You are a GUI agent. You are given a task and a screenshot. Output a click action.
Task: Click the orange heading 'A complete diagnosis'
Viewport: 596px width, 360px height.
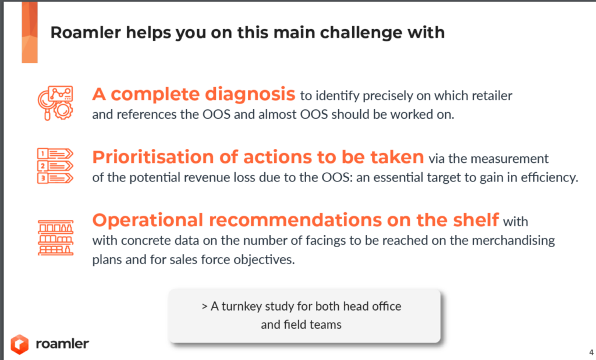(x=193, y=94)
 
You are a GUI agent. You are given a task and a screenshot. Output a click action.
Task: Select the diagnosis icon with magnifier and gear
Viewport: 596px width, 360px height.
(x=55, y=103)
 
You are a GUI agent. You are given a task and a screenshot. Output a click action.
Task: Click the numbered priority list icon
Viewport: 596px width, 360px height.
(x=55, y=166)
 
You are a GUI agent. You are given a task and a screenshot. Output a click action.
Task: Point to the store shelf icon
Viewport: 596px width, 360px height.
(x=55, y=238)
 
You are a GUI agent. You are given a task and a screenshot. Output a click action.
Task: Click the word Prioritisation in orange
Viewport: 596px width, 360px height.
(x=153, y=157)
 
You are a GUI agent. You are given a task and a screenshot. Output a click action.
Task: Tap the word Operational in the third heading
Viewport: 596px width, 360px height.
(x=147, y=220)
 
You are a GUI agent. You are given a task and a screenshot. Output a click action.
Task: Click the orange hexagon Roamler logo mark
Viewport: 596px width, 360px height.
(x=19, y=344)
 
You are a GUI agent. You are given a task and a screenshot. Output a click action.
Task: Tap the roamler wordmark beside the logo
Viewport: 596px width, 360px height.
(x=62, y=344)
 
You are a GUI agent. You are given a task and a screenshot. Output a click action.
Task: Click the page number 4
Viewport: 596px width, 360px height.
(x=591, y=352)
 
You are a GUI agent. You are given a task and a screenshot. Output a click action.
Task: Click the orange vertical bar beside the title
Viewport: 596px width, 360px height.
(x=30, y=33)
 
